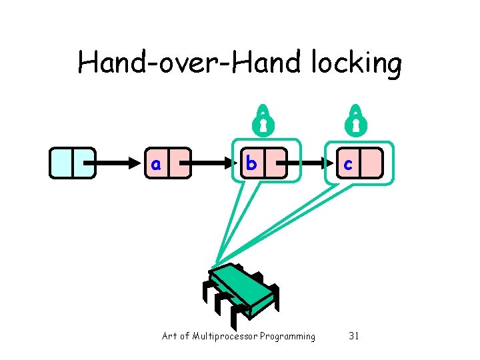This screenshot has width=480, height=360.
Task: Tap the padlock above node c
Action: tap(357, 118)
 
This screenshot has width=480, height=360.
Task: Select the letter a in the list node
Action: tap(155, 163)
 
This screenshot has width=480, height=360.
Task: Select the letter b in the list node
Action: tap(250, 163)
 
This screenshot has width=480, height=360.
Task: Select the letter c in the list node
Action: tap(347, 163)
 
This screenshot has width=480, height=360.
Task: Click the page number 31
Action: tap(354, 336)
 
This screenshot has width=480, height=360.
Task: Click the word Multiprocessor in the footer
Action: tap(224, 336)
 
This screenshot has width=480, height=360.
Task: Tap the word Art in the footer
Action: tap(169, 336)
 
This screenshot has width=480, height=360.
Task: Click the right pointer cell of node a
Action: tap(179, 163)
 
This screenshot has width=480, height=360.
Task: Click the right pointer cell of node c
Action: tap(371, 163)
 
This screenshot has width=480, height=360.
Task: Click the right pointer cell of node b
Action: tap(275, 163)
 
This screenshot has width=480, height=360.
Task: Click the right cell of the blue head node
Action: tap(83, 163)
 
